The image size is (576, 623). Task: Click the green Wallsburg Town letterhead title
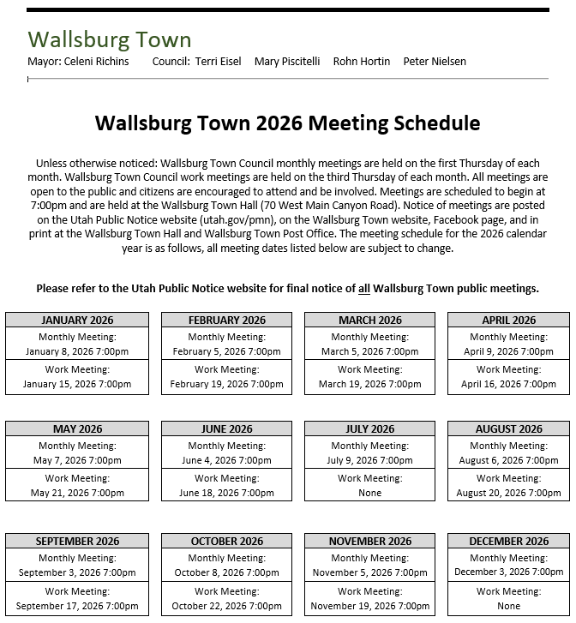[110, 39]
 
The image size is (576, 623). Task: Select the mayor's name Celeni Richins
[96, 62]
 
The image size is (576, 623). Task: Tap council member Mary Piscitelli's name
[287, 62]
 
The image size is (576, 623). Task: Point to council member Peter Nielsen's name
[435, 62]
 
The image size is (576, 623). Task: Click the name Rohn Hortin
[361, 62]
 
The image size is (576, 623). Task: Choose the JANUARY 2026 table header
[77, 320]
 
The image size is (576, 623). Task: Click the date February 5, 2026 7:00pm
[226, 351]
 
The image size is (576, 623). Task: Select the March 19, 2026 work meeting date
[369, 384]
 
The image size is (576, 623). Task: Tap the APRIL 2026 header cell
[508, 320]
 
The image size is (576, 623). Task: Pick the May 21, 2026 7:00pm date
[77, 493]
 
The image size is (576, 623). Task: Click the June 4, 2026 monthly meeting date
[226, 460]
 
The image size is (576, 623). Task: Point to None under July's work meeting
[369, 493]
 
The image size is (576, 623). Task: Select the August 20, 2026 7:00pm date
[508, 493]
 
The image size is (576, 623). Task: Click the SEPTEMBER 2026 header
[77, 541]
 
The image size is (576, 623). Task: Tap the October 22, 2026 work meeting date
[226, 606]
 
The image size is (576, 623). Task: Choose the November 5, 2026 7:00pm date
[369, 572]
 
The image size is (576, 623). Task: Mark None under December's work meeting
[508, 606]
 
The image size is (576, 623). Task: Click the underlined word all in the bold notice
[364, 289]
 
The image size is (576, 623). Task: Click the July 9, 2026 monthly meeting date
[369, 460]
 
